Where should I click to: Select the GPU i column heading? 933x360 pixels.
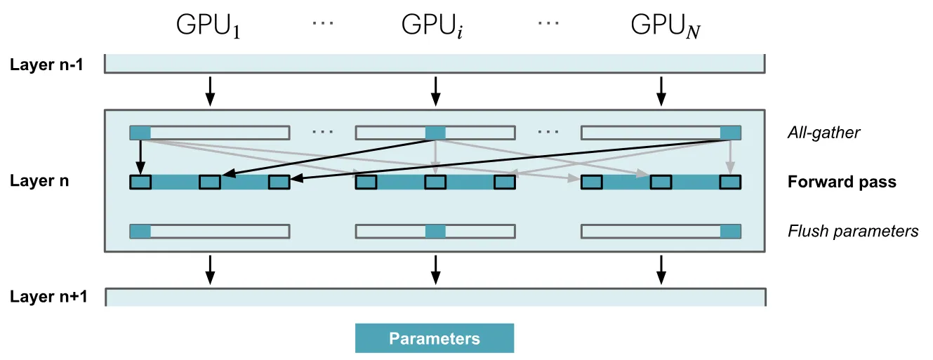[x=432, y=25]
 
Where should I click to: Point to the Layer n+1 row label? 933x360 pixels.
[x=48, y=297]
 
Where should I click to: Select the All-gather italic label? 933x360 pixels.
[x=823, y=133]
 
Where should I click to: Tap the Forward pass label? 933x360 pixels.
[x=842, y=182]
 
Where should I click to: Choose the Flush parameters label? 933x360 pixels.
[x=853, y=231]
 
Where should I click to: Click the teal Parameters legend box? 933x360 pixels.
[x=435, y=338]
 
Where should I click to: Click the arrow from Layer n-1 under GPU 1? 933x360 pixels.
[x=209, y=91]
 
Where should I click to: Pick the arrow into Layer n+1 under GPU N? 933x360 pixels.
[x=661, y=270]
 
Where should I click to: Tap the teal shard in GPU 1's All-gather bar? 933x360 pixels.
[x=140, y=133]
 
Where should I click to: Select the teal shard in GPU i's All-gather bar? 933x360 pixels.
[x=435, y=133]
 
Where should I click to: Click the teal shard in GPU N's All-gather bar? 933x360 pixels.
[x=731, y=133]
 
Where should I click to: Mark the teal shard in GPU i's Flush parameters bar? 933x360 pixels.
[x=435, y=231]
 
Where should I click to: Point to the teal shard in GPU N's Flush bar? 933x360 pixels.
[x=731, y=231]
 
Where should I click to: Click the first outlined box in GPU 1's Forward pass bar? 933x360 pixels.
[x=140, y=182]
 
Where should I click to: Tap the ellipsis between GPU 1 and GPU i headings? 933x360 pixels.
[x=323, y=22]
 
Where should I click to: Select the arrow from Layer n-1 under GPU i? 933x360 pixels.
[x=435, y=91]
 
